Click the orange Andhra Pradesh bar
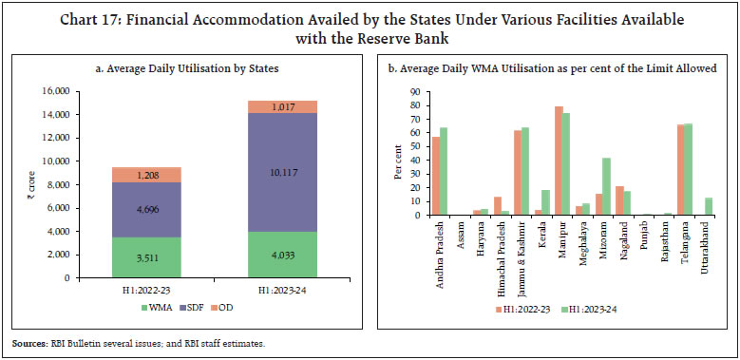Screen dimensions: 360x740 (x=437, y=176)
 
